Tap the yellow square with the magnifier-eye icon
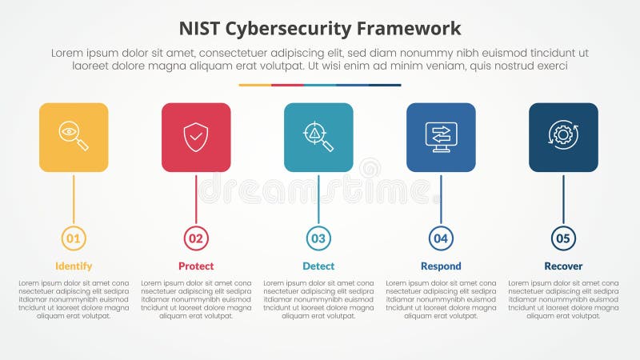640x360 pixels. [x=74, y=137]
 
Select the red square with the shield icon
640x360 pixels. [x=196, y=137]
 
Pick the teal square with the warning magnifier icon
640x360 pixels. [x=318, y=137]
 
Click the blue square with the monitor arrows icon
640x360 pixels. [x=441, y=137]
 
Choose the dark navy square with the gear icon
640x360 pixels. [x=563, y=137]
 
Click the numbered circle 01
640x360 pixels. [x=74, y=238]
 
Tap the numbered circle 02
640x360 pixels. [x=196, y=238]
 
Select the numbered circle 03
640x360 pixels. [x=318, y=238]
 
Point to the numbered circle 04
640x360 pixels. [x=441, y=238]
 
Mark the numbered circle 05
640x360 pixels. [x=563, y=238]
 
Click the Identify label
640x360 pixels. [x=74, y=266]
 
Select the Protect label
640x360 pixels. [x=196, y=266]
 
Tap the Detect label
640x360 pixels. [x=318, y=266]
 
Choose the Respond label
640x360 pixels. [x=441, y=266]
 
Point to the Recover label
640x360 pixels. [x=563, y=266]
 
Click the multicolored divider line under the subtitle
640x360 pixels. [x=320, y=85]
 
